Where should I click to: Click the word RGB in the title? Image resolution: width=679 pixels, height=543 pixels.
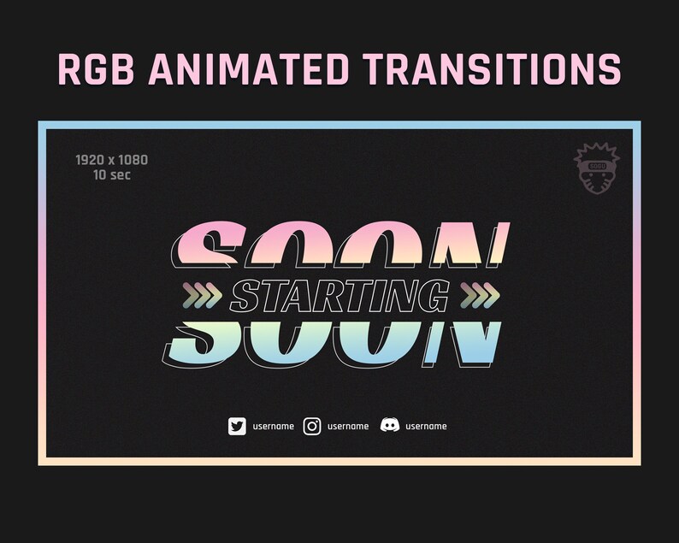tap(96, 69)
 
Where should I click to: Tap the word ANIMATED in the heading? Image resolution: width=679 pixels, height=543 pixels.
tap(249, 69)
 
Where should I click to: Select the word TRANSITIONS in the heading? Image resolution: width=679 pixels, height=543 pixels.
tap(492, 69)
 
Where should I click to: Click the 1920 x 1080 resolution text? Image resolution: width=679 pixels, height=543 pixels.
tap(112, 160)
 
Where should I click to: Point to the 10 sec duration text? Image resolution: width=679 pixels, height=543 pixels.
tap(112, 175)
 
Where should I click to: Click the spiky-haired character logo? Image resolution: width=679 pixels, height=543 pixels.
tap(597, 168)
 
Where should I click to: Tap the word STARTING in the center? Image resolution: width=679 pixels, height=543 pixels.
tap(340, 295)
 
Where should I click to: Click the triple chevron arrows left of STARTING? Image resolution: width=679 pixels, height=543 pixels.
tap(203, 295)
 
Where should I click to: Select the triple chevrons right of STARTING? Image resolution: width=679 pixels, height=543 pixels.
tap(480, 295)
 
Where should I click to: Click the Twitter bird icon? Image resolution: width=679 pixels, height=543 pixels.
tap(237, 426)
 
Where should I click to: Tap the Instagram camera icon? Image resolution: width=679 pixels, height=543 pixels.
tap(312, 426)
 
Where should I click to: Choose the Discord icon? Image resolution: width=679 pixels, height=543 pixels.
tap(390, 425)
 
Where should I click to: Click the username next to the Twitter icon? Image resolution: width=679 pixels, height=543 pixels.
tap(274, 426)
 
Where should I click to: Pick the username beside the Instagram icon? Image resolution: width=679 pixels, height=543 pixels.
tap(348, 426)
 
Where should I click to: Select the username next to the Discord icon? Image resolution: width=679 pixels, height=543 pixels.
tap(426, 426)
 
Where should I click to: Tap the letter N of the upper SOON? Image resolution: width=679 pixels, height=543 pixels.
tap(469, 244)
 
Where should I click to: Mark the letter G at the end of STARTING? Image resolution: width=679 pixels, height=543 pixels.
tap(434, 295)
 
